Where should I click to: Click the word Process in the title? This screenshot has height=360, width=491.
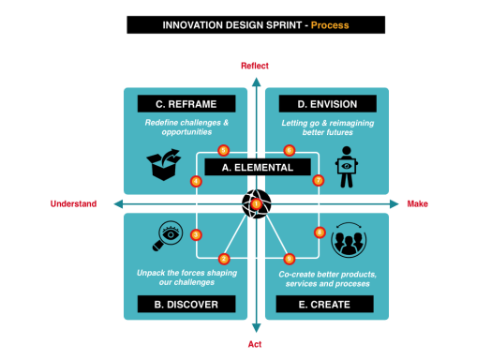click(x=329, y=24)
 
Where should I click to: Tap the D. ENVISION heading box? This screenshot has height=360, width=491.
click(x=320, y=103)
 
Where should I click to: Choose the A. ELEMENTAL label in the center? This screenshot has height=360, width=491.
click(x=258, y=168)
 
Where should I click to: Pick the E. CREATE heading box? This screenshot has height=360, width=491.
click(x=324, y=304)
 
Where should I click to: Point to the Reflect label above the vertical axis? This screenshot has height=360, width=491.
click(x=255, y=66)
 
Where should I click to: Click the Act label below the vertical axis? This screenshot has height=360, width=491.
click(x=255, y=345)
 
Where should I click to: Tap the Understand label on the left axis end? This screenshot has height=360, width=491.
click(x=72, y=203)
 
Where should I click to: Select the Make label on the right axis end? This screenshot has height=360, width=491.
click(x=418, y=203)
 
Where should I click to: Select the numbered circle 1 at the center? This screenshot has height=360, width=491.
click(x=256, y=203)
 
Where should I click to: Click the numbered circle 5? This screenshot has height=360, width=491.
click(x=223, y=150)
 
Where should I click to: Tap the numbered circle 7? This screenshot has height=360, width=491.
click(x=319, y=180)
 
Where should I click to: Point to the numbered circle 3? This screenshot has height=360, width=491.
click(x=196, y=235)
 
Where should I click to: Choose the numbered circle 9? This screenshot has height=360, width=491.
click(x=289, y=258)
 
